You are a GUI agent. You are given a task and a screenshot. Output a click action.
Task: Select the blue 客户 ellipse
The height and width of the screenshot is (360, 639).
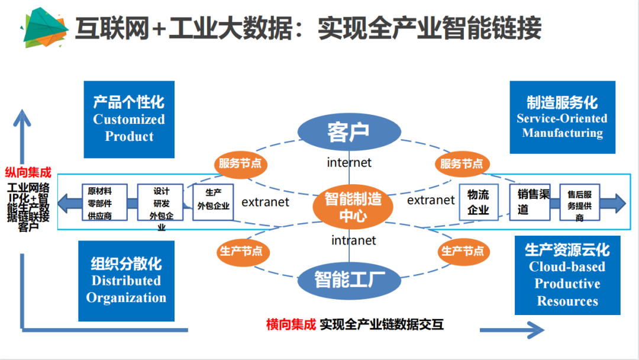[x=348, y=132]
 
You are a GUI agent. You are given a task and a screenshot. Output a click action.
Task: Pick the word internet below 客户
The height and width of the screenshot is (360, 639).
[x=349, y=162]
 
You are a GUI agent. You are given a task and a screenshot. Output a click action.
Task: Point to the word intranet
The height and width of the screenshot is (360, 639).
[x=353, y=240]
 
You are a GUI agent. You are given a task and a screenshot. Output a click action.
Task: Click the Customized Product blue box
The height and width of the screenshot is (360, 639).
[x=129, y=120]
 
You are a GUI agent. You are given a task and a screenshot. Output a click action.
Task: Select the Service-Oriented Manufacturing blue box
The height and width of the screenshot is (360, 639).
[x=562, y=117]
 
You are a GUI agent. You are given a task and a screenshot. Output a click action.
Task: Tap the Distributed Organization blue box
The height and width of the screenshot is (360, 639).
[x=126, y=281]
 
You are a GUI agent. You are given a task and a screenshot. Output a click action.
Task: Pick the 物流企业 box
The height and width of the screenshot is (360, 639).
[x=478, y=202]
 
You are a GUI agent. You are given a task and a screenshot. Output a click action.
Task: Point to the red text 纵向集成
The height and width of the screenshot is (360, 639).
[x=28, y=173]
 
